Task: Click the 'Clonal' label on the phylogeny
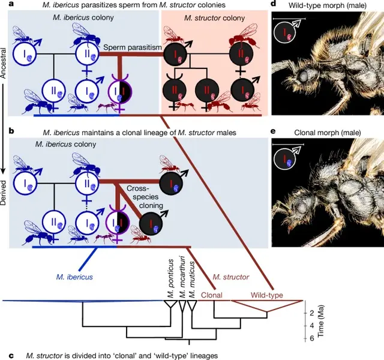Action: click(x=212, y=295)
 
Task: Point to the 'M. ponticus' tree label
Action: click(x=170, y=279)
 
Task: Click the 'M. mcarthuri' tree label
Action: click(x=181, y=279)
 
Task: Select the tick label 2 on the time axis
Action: click(x=312, y=313)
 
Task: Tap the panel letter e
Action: click(x=274, y=130)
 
